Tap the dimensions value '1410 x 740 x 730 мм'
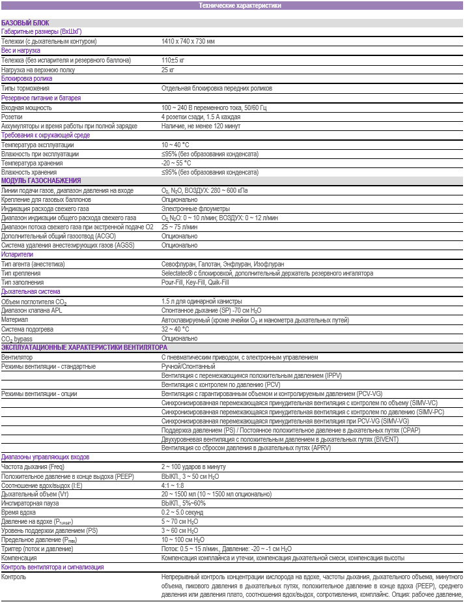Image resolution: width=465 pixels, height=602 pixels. (188, 41)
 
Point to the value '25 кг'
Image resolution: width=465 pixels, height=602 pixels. (168, 69)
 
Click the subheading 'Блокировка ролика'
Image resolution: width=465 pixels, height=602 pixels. (26, 78)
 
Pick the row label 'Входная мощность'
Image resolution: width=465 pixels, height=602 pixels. (25, 107)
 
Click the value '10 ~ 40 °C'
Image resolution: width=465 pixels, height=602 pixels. (175, 145)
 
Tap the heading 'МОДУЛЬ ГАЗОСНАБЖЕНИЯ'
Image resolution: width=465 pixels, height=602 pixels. (41, 181)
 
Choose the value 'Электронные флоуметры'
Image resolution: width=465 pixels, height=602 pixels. (193, 208)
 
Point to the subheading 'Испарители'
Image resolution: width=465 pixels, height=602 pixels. (17, 255)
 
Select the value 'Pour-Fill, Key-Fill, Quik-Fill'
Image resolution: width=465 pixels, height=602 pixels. (195, 283)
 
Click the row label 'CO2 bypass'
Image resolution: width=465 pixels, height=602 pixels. (17, 339)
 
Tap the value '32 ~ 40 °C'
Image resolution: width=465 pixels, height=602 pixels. (175, 330)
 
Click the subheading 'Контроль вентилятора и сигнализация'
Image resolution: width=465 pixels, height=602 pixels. (52, 567)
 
